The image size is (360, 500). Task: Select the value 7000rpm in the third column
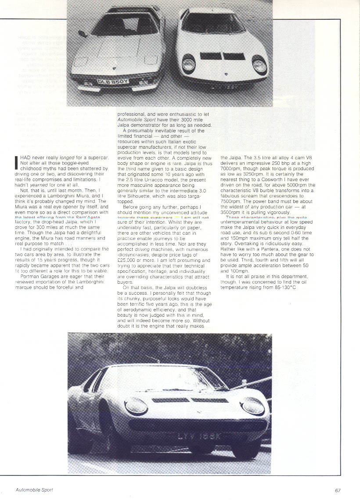[234, 169]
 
